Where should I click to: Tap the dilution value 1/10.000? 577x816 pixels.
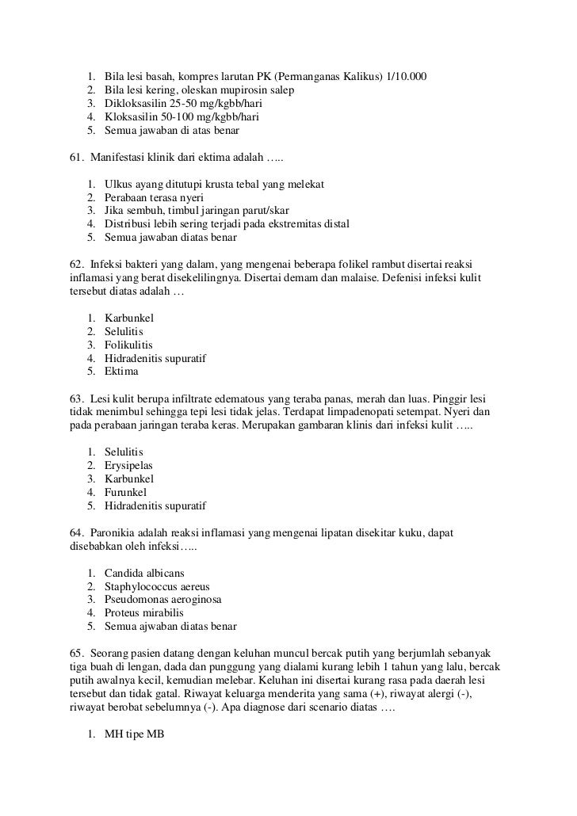pyautogui.click(x=404, y=77)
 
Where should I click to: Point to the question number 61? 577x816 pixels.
pyautogui.click(x=77, y=157)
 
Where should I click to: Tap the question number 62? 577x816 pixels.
pyautogui.click(x=77, y=264)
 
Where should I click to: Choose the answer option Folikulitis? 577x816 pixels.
pyautogui.click(x=129, y=345)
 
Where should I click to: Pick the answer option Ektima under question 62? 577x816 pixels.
pyautogui.click(x=121, y=372)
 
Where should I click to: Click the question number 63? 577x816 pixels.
pyautogui.click(x=77, y=398)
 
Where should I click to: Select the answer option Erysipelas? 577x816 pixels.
pyautogui.click(x=128, y=465)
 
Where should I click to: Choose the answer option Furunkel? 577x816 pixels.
pyautogui.click(x=125, y=492)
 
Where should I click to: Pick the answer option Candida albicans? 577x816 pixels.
pyautogui.click(x=147, y=573)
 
